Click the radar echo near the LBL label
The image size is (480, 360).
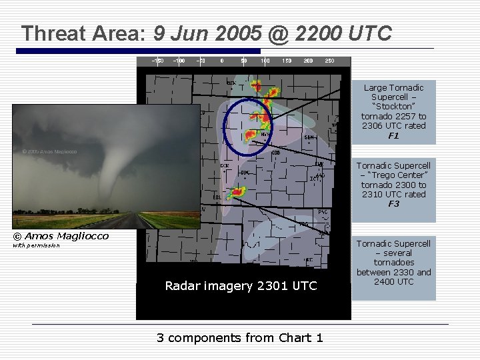[x=236, y=193]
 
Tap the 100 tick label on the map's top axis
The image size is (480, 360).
[x=265, y=61]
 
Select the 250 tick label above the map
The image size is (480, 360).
[x=329, y=61]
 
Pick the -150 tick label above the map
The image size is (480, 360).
[x=157, y=61]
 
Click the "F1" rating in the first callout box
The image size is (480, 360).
[x=393, y=136]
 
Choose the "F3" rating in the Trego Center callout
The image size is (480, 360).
[x=393, y=204]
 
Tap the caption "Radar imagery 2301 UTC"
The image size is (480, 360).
[x=241, y=286]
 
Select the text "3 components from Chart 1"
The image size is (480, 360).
[x=240, y=337]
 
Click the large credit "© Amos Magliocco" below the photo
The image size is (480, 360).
[x=61, y=236]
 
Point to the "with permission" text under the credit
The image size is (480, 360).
[x=37, y=246]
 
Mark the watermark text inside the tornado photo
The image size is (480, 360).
[x=49, y=151]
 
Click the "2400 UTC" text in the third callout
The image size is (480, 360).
[x=393, y=281]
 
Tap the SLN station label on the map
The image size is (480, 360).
[x=309, y=137]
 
